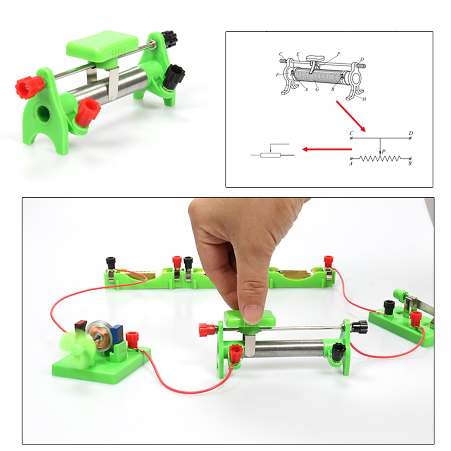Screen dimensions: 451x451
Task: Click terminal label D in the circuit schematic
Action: click(x=410, y=133)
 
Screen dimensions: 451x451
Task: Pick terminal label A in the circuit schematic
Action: click(x=351, y=164)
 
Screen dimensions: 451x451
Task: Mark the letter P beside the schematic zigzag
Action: click(x=383, y=152)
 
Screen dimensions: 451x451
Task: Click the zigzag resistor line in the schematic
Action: click(x=381, y=159)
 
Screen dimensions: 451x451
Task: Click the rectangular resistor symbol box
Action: click(x=270, y=155)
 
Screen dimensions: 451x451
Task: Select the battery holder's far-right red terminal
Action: click(x=328, y=261)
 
